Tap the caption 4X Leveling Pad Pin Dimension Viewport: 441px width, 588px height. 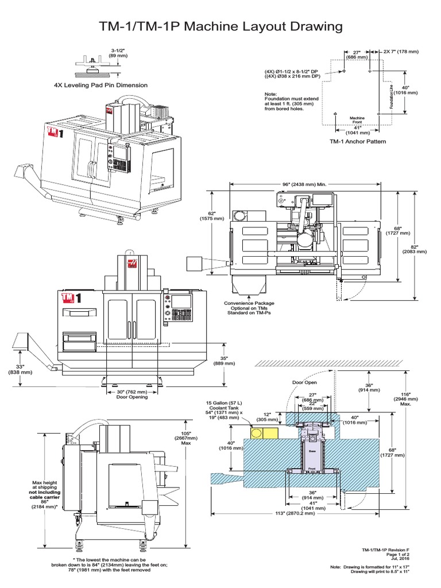[100, 84]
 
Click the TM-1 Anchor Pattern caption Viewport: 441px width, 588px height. [358, 141]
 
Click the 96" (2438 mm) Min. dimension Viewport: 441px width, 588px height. [304, 183]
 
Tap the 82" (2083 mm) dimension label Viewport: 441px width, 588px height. [415, 248]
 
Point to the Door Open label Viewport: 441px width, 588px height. [305, 382]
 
